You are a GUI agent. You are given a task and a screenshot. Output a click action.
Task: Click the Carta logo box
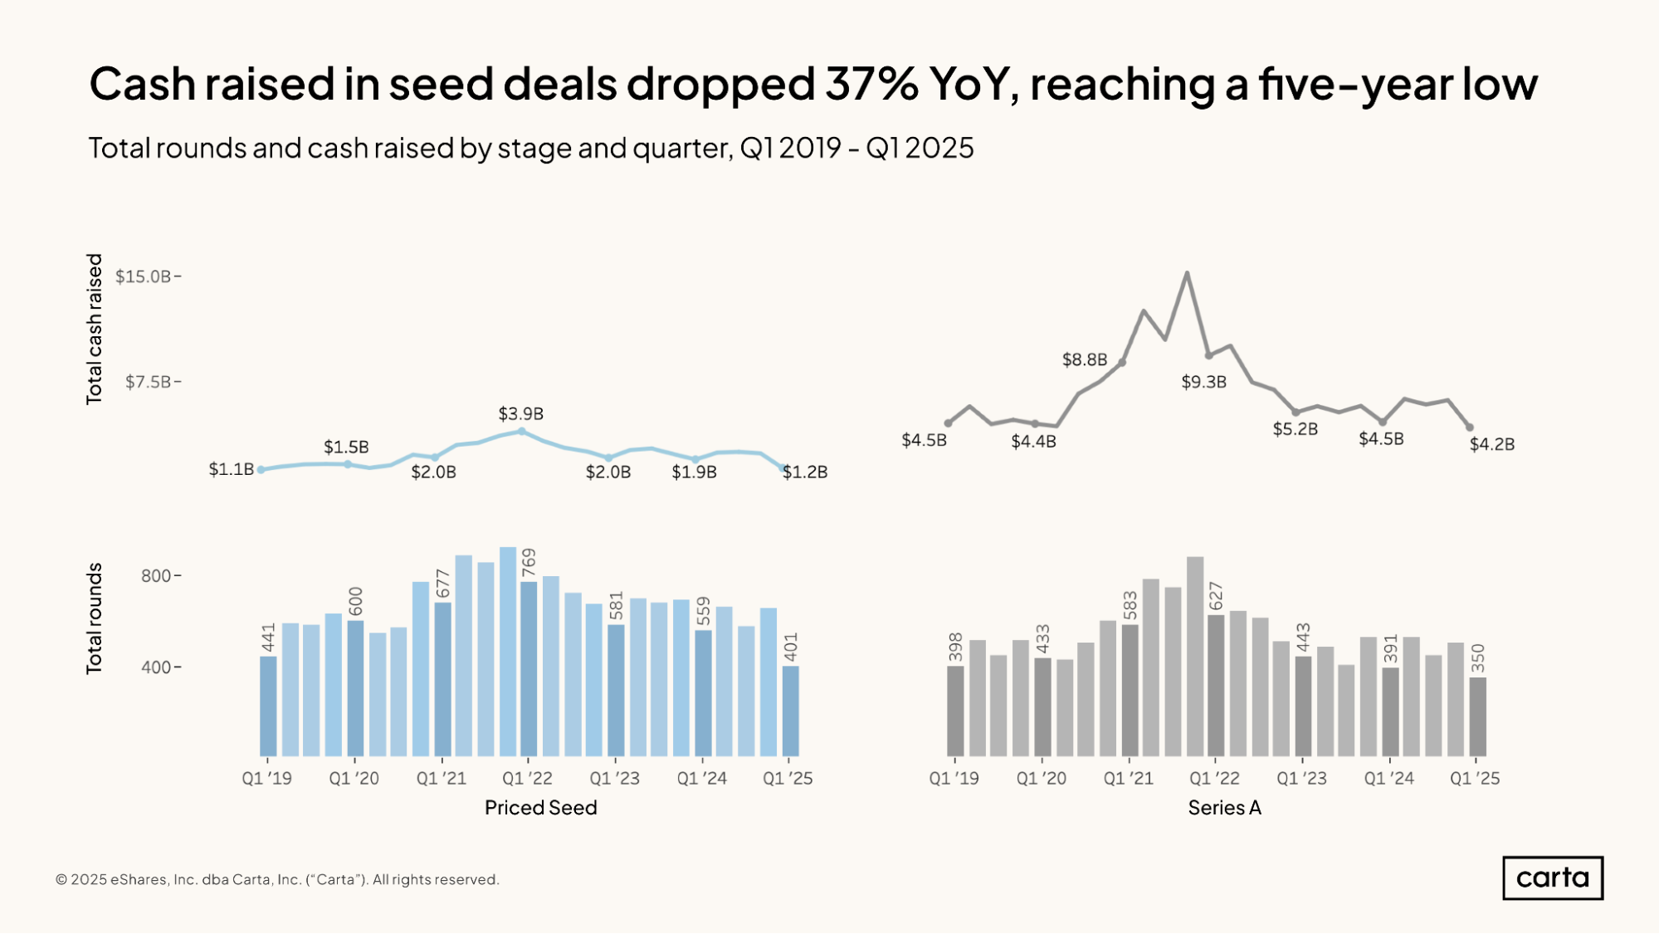point(1552,878)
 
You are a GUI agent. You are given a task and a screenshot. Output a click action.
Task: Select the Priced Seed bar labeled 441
point(268,706)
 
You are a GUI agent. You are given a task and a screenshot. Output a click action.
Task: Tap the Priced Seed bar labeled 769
point(529,668)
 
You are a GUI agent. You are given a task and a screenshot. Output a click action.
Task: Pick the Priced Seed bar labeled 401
point(790,711)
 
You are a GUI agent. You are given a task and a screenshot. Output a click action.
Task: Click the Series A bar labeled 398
point(955,711)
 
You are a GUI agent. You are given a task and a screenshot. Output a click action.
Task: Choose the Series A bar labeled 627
point(1216,685)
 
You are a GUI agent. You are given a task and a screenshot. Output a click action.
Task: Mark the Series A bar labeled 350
point(1477,716)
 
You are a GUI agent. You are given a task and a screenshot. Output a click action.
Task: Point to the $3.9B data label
point(520,413)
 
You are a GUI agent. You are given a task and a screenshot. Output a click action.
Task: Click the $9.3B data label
point(1203,382)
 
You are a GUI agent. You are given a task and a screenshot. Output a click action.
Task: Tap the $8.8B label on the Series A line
point(1085,359)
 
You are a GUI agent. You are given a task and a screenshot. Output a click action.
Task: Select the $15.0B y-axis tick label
point(143,276)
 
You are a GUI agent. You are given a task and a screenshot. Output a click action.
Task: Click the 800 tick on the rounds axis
point(156,575)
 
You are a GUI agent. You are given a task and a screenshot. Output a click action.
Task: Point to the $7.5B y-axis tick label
point(148,382)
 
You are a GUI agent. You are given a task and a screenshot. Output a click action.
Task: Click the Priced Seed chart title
point(540,808)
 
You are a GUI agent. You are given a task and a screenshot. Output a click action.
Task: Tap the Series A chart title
point(1224,808)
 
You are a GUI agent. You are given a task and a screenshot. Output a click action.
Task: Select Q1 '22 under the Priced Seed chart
point(527,779)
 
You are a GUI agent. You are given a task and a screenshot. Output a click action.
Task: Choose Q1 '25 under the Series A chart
point(1475,779)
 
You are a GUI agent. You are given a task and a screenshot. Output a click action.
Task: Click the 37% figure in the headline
point(871,84)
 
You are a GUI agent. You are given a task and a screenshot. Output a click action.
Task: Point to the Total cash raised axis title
point(95,329)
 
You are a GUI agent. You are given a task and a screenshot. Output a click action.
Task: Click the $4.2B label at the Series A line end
point(1492,444)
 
